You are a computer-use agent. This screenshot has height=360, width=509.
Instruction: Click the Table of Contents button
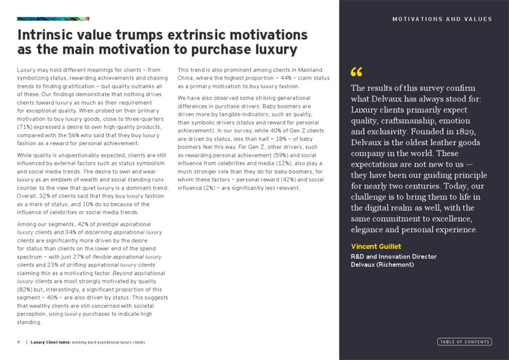click(x=464, y=342)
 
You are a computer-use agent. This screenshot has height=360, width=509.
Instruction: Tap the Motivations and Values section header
click(x=442, y=19)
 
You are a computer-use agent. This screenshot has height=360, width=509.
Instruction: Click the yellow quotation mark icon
click(x=356, y=72)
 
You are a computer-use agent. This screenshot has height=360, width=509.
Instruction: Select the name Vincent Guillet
click(x=376, y=247)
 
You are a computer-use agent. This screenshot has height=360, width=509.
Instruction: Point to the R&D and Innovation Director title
click(x=394, y=256)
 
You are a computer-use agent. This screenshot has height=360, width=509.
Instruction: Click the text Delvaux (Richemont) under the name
click(x=382, y=264)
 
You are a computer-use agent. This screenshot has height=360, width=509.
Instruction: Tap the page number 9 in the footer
click(x=19, y=342)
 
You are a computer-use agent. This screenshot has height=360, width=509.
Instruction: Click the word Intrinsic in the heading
click(x=45, y=35)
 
